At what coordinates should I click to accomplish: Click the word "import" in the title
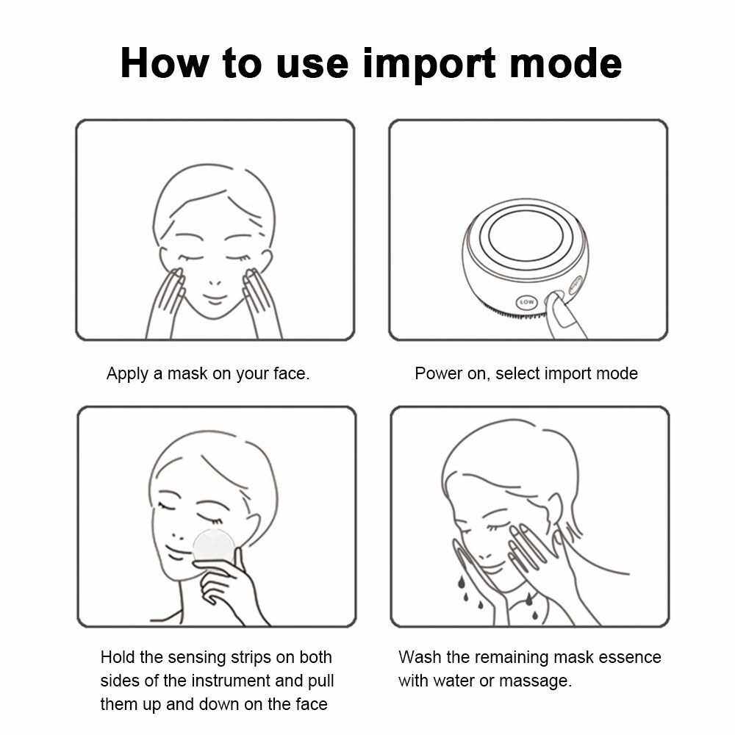pos(429,64)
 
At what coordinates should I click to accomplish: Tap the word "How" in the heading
pos(165,62)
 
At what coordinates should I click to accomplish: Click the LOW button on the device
pos(526,302)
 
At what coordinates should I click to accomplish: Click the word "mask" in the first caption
pos(187,373)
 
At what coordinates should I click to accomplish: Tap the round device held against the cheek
pos(214,548)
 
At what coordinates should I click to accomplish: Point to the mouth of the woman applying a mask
pos(215,298)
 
